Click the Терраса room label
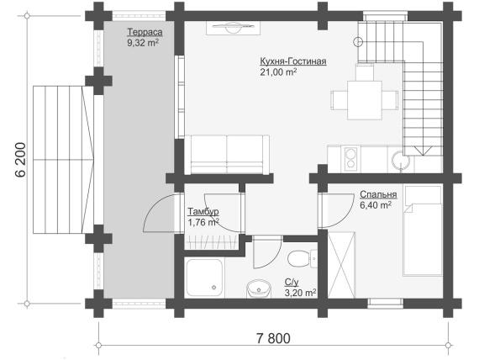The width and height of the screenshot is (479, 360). click(145, 32)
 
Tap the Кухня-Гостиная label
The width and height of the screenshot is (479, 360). click(293, 61)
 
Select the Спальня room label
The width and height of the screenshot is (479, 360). click(378, 194)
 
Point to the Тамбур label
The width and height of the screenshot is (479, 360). click(203, 211)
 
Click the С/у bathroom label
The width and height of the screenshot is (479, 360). click(292, 282)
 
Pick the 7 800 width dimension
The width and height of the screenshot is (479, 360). click(273, 339)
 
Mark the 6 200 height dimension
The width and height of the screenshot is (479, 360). click(20, 160)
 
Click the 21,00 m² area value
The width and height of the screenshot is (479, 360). click(279, 71)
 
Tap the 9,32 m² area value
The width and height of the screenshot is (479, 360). click(143, 43)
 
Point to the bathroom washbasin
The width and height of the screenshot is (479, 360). click(259, 289)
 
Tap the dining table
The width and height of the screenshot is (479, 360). click(365, 100)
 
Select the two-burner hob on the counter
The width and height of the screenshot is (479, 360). click(350, 158)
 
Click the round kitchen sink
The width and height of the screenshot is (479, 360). click(401, 160)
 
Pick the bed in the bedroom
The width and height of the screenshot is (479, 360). click(423, 230)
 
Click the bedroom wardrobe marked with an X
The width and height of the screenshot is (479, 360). click(341, 265)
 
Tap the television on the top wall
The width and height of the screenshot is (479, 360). click(234, 28)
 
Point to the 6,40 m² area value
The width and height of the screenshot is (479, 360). click(376, 205)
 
